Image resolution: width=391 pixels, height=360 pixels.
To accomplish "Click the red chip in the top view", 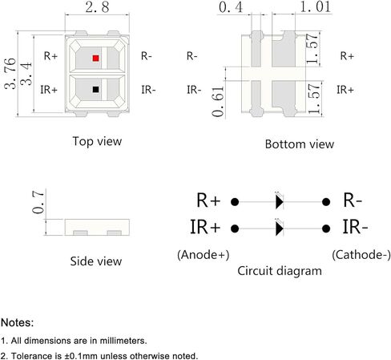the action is [x=95, y=58].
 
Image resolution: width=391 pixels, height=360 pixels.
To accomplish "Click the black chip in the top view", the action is [x=95, y=89].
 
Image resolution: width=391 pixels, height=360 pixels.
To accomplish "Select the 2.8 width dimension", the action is [x=97, y=7].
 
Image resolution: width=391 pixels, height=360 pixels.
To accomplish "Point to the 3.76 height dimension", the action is [x=10, y=73].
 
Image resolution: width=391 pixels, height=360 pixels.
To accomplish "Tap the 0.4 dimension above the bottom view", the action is [x=231, y=7].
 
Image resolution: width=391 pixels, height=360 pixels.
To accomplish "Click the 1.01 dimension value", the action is [x=316, y=6].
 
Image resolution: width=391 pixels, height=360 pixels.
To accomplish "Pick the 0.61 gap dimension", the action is [x=218, y=102].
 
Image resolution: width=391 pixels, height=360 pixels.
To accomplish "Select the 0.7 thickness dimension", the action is [x=38, y=202].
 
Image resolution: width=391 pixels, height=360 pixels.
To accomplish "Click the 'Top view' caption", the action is [x=97, y=141].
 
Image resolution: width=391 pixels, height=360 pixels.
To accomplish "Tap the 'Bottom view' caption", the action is [x=300, y=144].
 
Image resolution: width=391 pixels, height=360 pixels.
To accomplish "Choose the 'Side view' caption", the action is [x=96, y=261].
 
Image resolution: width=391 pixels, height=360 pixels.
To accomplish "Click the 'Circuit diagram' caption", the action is [x=280, y=271].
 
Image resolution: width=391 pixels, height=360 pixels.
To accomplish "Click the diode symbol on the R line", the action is [x=280, y=202].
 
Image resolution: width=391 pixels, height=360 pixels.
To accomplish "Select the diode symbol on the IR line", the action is [x=280, y=229].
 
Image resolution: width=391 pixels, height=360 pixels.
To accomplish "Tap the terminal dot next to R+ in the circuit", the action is [x=235, y=202].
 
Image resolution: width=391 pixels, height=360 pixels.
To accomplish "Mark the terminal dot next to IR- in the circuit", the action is [x=326, y=229].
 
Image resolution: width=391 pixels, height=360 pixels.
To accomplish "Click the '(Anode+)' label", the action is [x=204, y=255].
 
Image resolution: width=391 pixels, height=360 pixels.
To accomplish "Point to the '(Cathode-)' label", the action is [x=361, y=255].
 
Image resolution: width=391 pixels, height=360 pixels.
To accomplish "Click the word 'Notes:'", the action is [x=18, y=322].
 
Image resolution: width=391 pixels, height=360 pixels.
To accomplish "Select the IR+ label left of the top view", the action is [x=49, y=90].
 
